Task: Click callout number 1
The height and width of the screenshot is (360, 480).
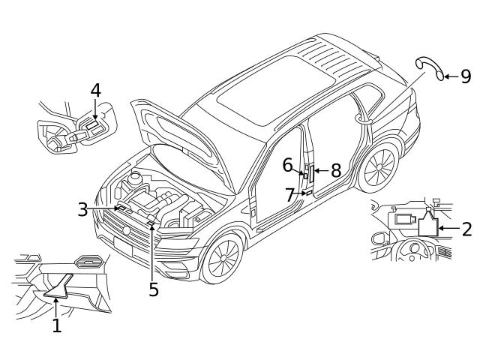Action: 56,325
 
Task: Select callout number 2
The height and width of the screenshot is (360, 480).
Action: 466,229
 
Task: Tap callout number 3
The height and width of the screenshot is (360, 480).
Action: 83,209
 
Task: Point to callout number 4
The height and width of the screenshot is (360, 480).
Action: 95,91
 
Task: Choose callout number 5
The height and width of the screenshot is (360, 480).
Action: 154,289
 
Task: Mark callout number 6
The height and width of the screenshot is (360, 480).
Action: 287,164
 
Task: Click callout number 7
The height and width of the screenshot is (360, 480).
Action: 290,195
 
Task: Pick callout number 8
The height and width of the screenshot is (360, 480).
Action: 335,171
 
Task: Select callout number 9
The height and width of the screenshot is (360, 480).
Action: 465,76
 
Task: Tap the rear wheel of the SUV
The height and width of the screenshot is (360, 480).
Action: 379,168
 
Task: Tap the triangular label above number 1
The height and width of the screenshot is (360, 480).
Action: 58,285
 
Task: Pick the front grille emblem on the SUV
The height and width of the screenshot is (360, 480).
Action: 127,229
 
